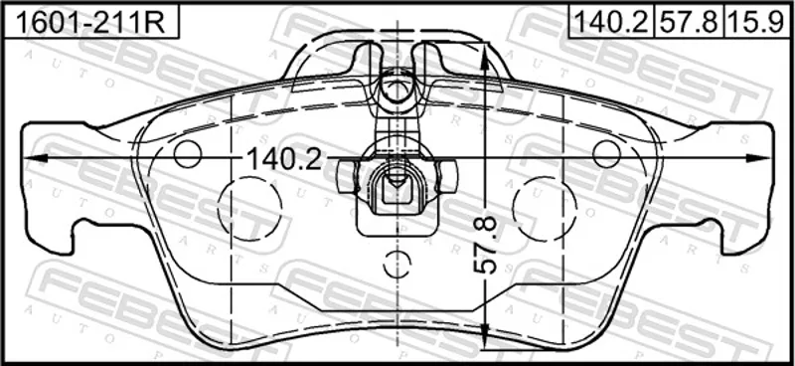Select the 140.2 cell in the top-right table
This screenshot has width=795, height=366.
tap(611, 21)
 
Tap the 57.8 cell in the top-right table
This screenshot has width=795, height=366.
tap(689, 21)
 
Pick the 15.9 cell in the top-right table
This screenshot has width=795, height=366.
tap(757, 21)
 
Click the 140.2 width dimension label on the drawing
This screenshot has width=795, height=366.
tap(284, 160)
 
